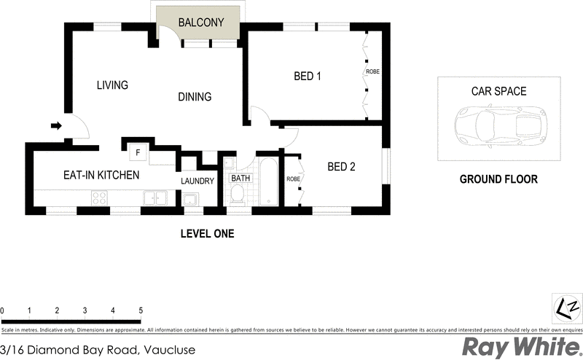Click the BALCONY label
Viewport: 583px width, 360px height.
[200, 23]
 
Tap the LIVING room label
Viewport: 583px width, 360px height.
[112, 85]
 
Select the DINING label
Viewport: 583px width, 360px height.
[194, 97]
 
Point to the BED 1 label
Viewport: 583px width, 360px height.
[307, 76]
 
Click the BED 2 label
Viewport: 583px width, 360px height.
[341, 167]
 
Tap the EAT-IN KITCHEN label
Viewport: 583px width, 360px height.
[101, 175]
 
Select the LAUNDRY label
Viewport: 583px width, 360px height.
[197, 181]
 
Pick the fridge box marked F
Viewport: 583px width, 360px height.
[137, 153]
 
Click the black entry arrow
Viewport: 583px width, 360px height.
[56, 126]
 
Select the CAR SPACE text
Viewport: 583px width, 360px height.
[498, 92]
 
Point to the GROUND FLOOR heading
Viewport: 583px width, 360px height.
[498, 179]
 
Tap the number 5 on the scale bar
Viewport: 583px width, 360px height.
[140, 311]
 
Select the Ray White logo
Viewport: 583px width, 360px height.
[518, 348]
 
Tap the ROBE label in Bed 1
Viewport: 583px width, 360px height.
[372, 71]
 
